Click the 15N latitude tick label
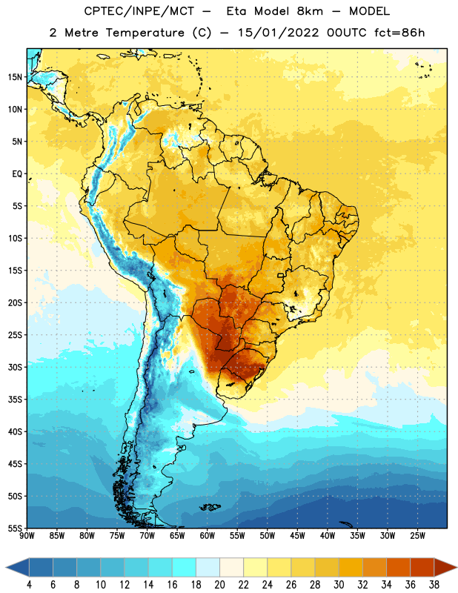(x=15, y=77)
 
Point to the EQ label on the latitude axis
(x=17, y=174)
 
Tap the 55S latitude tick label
(x=15, y=528)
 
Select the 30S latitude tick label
(x=15, y=367)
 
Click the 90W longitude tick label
(x=27, y=536)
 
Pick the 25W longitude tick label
(x=417, y=536)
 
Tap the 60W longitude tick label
(x=208, y=536)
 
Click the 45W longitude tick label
(x=297, y=536)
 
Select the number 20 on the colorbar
(x=219, y=585)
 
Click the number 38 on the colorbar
(x=434, y=585)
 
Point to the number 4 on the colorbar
(x=29, y=585)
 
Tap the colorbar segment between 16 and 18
(x=185, y=567)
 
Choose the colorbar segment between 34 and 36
(x=399, y=567)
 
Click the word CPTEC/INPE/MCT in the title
(x=139, y=11)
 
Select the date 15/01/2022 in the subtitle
(x=278, y=33)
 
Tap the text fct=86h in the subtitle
(x=399, y=33)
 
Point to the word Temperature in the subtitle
(x=145, y=33)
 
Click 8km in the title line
(x=310, y=11)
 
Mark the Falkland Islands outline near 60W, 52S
(x=210, y=507)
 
